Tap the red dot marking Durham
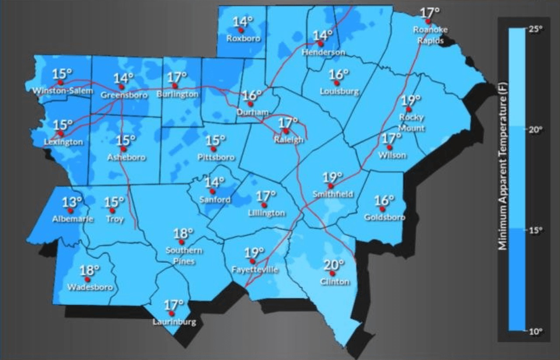[250, 104]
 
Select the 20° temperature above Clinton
[334, 265]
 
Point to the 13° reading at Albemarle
[72, 202]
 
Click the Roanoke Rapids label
[428, 35]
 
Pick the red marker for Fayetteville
[252, 261]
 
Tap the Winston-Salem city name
[63, 91]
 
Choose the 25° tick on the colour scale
[537, 29]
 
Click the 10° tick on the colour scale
[537, 332]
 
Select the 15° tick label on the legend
[537, 231]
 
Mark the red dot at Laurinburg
[171, 314]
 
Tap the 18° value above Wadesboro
[90, 270]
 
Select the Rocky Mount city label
[411, 122]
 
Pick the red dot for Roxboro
[241, 30]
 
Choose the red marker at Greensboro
[122, 87]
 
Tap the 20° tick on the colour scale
[537, 130]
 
